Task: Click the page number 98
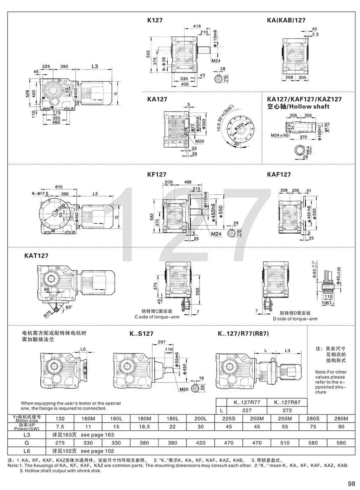pyautogui.click(x=351, y=483)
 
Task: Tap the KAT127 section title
pyautogui.click(x=36, y=255)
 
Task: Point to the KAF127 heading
pyautogui.click(x=279, y=174)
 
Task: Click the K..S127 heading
pyautogui.click(x=142, y=334)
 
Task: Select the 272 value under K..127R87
pyautogui.click(x=287, y=410)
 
